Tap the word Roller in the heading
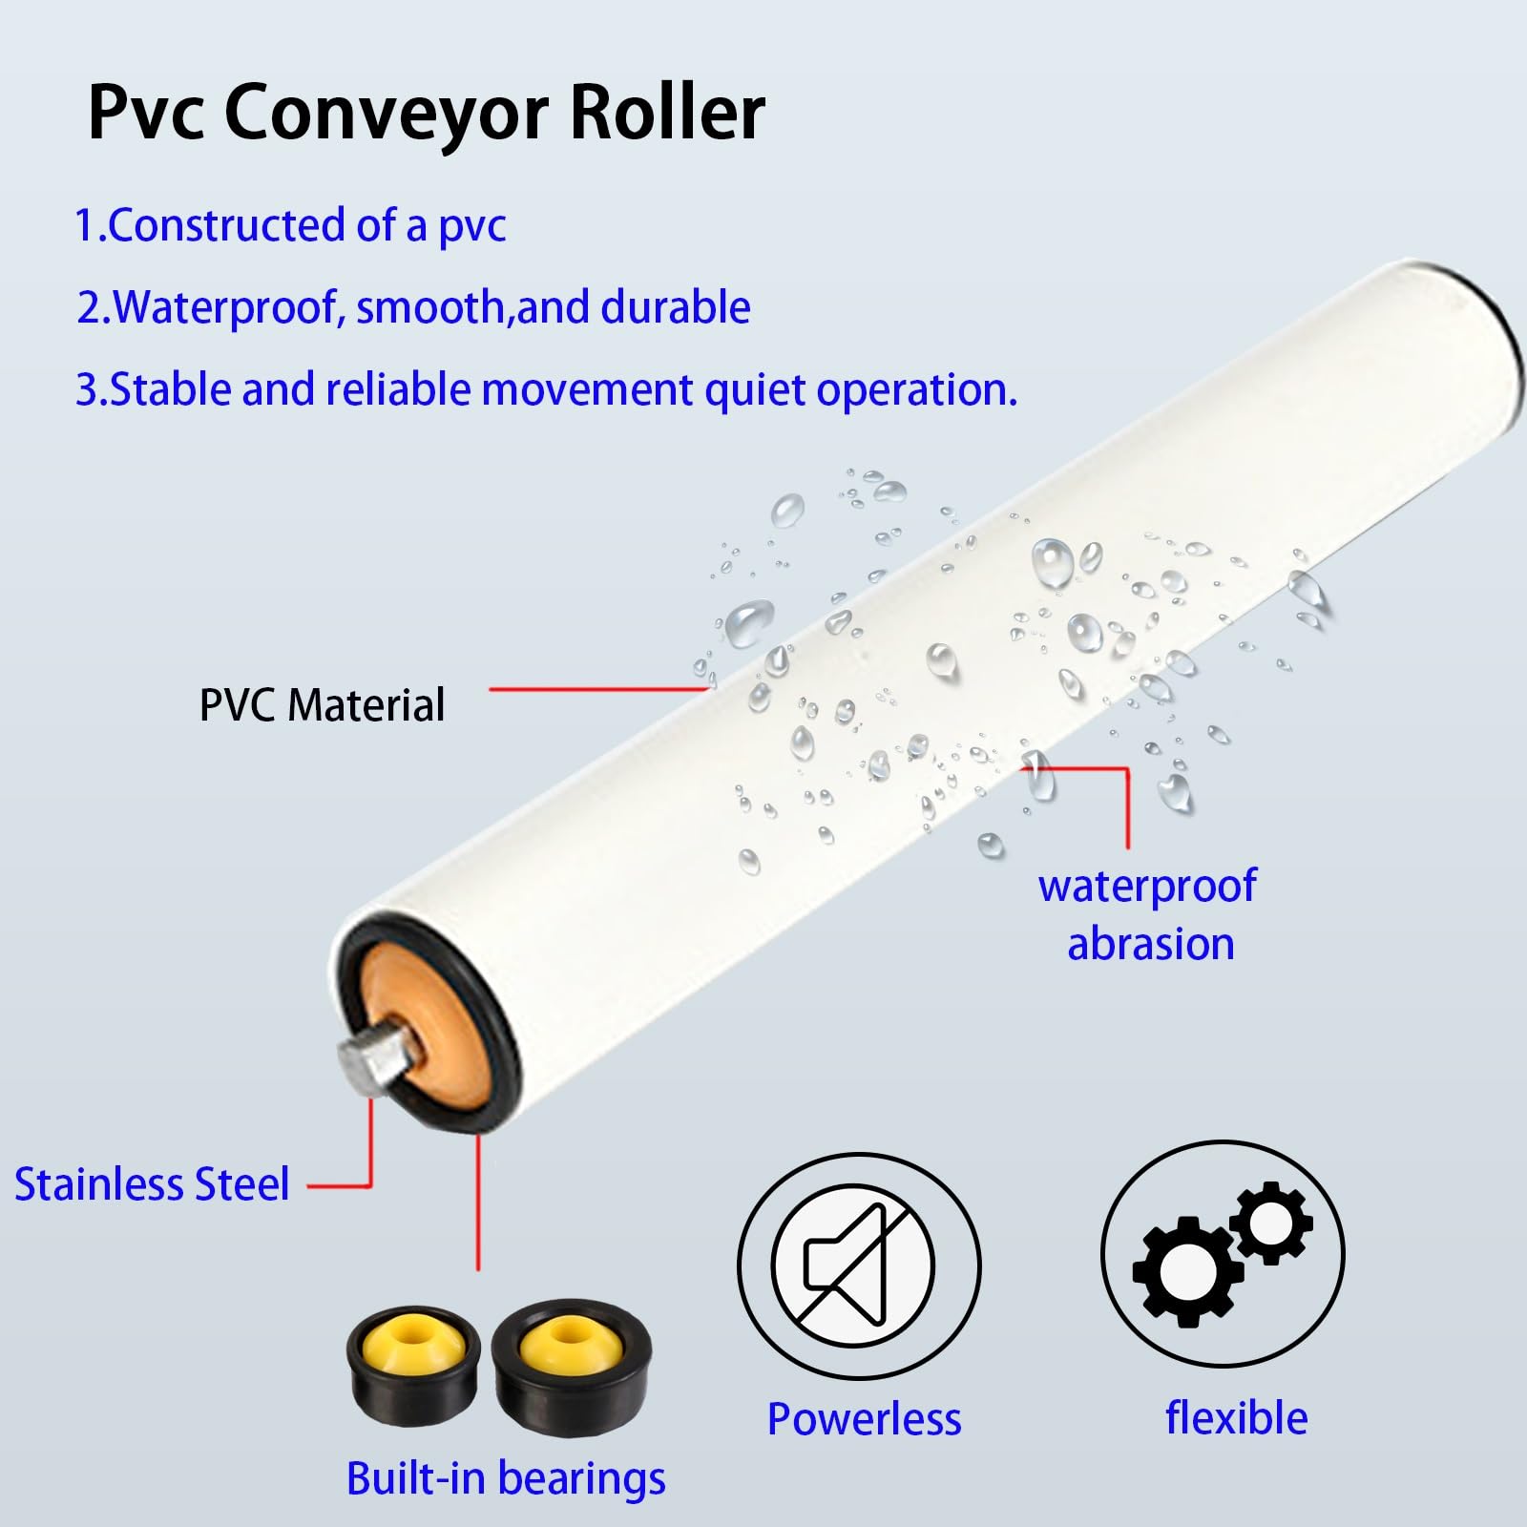pos(667,112)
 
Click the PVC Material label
pos(322,705)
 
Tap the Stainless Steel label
pos(152,1184)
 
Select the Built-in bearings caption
pos(506,1480)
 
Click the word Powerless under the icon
pos(864,1419)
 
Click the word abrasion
pos(1150,944)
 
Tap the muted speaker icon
pos(858,1266)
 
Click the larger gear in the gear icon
pos(1186,1271)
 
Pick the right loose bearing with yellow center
pos(571,1365)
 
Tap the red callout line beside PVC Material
pos(599,688)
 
